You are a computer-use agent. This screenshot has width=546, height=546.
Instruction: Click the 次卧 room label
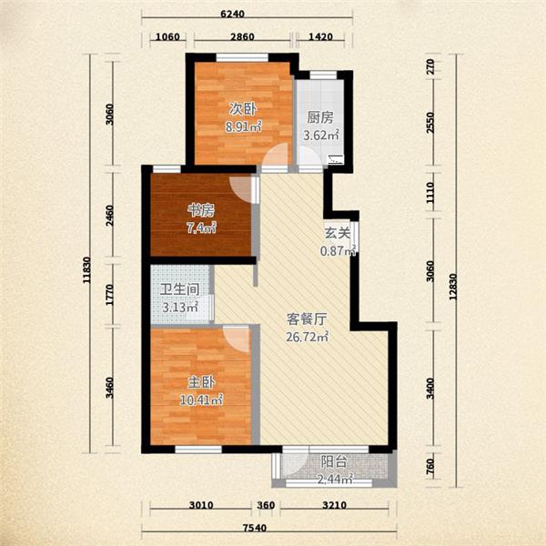click(243, 109)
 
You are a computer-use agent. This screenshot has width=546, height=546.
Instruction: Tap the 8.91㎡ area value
click(243, 126)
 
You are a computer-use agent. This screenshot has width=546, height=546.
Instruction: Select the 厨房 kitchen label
click(320, 117)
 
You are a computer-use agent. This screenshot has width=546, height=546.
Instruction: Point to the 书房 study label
click(201, 210)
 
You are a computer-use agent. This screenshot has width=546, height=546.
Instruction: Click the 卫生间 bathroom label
click(179, 289)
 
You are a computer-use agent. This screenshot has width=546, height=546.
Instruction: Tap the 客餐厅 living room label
click(307, 319)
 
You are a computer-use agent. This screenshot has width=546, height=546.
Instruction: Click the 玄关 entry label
click(337, 233)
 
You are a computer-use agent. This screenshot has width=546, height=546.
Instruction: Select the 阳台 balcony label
click(334, 461)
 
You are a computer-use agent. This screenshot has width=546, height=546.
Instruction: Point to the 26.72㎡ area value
click(308, 337)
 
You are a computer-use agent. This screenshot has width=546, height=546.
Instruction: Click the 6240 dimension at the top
click(233, 14)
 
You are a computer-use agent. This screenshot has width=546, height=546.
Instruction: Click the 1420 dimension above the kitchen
click(320, 36)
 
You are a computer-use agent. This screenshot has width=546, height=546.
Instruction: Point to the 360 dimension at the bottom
click(267, 505)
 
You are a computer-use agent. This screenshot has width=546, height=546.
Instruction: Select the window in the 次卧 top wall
click(242, 56)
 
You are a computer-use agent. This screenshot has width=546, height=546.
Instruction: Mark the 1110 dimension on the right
click(430, 193)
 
